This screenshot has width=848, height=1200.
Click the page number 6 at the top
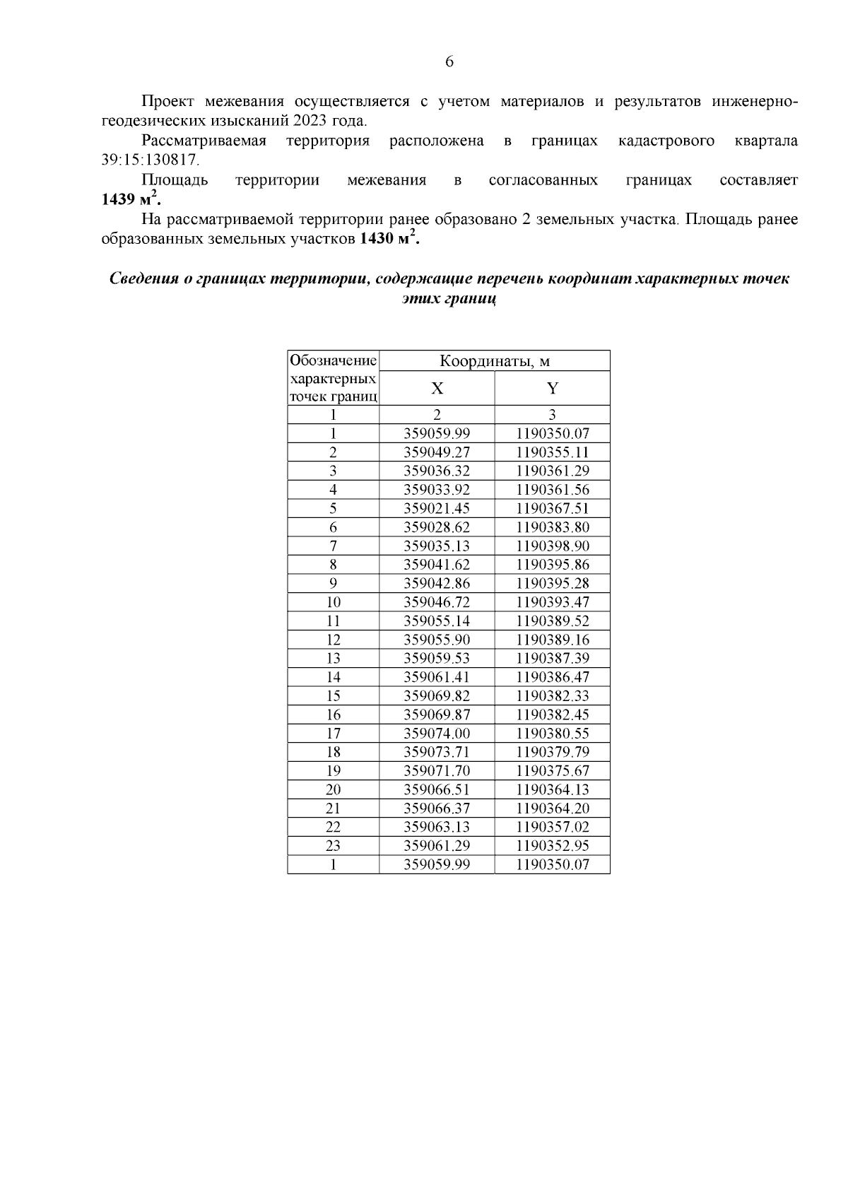(449, 62)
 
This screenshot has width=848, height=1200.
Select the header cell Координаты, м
(495, 361)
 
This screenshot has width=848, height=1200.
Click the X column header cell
(437, 388)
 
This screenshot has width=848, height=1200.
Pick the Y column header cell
(552, 388)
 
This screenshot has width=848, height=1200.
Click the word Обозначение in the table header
(333, 360)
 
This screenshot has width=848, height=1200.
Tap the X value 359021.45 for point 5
(437, 509)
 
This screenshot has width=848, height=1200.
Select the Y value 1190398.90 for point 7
(552, 546)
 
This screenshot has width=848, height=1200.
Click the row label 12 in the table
(333, 640)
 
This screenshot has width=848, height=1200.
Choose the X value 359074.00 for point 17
(437, 734)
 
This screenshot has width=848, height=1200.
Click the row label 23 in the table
(333, 846)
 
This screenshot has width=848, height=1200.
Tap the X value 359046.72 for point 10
(437, 603)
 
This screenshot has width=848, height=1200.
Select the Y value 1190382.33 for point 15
(552, 696)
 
